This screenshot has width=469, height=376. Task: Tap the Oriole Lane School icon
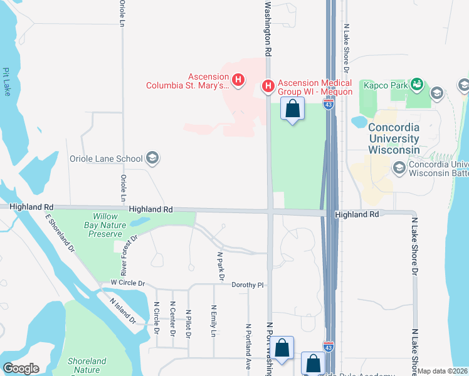click(151, 158)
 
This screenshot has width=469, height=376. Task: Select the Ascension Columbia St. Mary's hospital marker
click(238, 80)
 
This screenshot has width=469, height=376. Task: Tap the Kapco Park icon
click(416, 83)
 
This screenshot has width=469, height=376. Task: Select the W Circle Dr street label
click(127, 283)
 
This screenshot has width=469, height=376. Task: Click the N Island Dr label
click(123, 310)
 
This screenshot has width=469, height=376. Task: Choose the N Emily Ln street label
click(214, 320)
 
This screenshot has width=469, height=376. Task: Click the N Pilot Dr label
click(188, 323)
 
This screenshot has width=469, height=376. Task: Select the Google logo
click(21, 368)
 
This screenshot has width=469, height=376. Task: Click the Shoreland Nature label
click(87, 365)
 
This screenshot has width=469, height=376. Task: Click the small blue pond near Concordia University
click(359, 121)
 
